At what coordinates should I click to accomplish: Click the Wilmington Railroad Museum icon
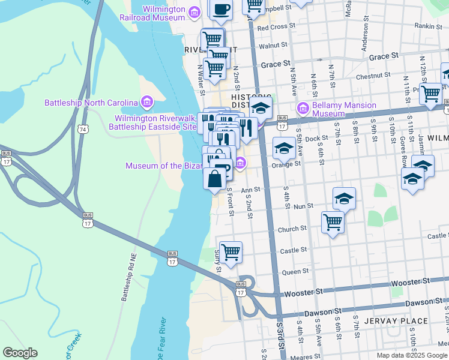coord(194,13)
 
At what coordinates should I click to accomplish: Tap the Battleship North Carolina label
coord(91,103)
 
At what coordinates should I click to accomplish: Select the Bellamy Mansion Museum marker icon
coord(303,109)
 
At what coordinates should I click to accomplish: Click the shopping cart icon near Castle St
coord(231,251)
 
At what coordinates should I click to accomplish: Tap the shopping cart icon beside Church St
coord(333,222)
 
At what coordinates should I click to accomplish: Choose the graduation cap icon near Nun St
coord(344,199)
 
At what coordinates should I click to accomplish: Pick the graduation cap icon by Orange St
coord(285,148)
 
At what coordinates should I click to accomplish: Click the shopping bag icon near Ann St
coord(215,179)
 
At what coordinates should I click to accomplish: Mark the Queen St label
coord(295,271)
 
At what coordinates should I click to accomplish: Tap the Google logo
coord(20,353)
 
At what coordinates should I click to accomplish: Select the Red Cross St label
coord(276,27)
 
